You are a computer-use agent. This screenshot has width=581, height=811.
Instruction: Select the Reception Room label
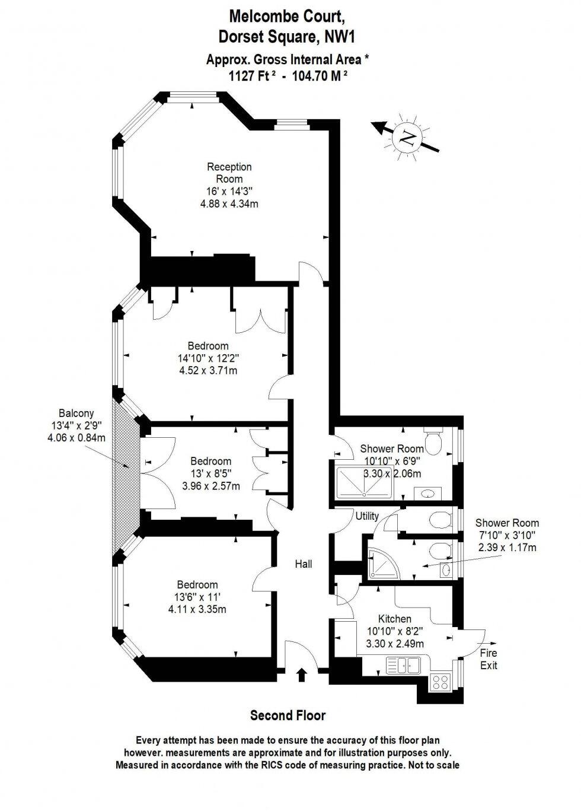[x=229, y=173]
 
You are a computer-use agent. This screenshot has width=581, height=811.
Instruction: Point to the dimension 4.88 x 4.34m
[x=229, y=203]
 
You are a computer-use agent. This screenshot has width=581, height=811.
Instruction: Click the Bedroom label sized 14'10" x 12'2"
[x=208, y=346]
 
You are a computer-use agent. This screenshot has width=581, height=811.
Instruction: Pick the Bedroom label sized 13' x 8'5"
[x=210, y=461]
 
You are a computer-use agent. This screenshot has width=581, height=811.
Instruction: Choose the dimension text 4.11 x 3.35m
[x=197, y=609]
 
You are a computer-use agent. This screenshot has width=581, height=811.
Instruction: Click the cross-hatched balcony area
[x=126, y=463]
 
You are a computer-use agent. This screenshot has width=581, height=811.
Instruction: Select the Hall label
[x=304, y=564]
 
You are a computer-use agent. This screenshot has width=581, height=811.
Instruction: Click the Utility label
[x=367, y=516]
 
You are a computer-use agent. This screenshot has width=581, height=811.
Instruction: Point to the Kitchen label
[x=395, y=619]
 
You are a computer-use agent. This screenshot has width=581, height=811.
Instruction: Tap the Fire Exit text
[x=489, y=659]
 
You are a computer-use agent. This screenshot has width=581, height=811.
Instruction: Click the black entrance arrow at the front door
[x=302, y=674]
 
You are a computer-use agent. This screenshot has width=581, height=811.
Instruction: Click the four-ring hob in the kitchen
[x=440, y=682]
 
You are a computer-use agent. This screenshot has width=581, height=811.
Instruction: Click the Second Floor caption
[x=288, y=715]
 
